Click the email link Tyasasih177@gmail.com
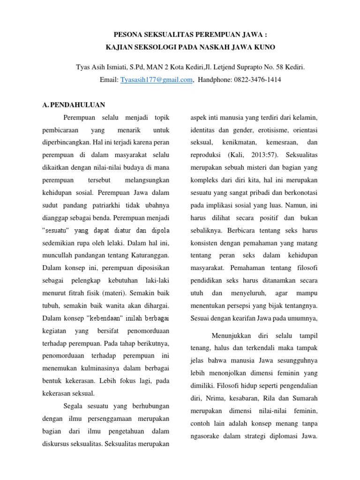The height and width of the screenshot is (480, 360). (157, 80)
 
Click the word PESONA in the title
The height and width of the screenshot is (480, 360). (130, 35)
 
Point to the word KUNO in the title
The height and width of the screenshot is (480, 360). (264, 47)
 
